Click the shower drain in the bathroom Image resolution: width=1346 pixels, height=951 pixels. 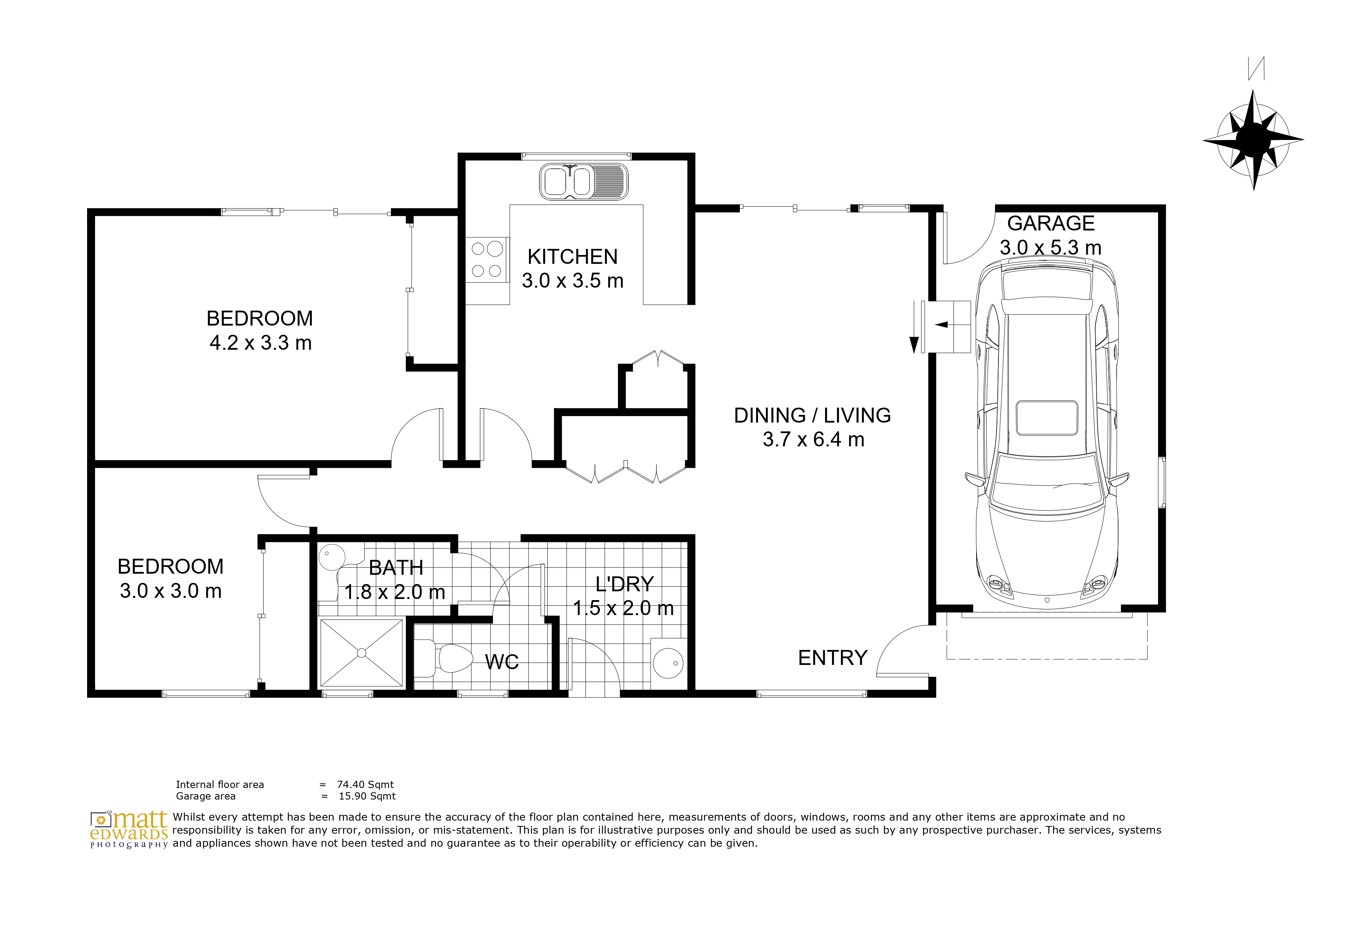click(x=361, y=653)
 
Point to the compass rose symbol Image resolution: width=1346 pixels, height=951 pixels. click(x=1254, y=140)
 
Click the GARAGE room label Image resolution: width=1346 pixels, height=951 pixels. click(x=1051, y=223)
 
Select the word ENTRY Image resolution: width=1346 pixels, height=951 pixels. click(x=832, y=658)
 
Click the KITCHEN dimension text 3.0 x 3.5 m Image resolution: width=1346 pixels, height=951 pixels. click(x=572, y=281)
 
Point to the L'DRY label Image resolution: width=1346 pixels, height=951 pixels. click(x=624, y=584)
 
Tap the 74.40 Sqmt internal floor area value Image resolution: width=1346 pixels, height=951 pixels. click(x=365, y=785)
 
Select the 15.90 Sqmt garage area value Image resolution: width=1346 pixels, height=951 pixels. click(x=367, y=796)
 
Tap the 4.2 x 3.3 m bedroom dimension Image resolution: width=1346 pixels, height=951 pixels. click(x=260, y=343)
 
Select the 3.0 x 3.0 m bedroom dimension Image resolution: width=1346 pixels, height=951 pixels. click(x=171, y=591)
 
